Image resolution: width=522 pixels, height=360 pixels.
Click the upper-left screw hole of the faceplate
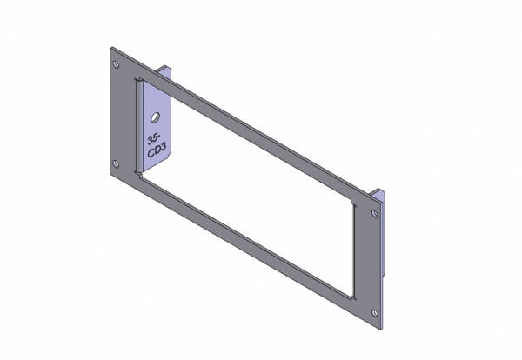tap(116, 64)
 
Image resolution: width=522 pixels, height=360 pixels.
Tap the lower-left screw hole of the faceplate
tap(116, 163)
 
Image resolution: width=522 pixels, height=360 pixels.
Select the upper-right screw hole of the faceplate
tap(375, 214)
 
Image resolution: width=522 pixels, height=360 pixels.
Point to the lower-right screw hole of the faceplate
tap(375, 313)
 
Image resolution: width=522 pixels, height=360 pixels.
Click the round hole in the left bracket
tap(155, 117)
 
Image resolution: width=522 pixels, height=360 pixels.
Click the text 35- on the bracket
tap(154, 139)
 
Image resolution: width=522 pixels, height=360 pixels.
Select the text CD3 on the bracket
tap(157, 150)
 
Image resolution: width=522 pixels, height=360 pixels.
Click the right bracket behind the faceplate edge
tap(382, 233)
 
